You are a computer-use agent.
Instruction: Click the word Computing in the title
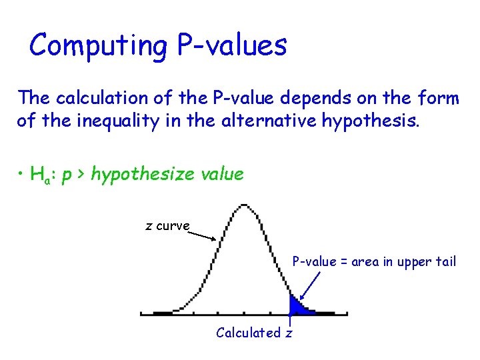click(x=99, y=46)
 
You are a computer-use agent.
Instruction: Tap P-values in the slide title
click(x=232, y=46)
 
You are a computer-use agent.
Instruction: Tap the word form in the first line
click(x=441, y=99)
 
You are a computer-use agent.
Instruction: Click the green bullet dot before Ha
click(x=22, y=175)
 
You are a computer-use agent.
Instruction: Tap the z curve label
click(x=168, y=226)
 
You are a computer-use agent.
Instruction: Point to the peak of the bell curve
click(x=245, y=206)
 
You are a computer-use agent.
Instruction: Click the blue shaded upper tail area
click(x=297, y=307)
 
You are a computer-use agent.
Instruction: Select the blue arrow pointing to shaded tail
click(x=309, y=285)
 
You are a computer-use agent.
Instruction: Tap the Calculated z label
click(x=254, y=333)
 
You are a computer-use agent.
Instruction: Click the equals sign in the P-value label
click(x=344, y=261)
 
